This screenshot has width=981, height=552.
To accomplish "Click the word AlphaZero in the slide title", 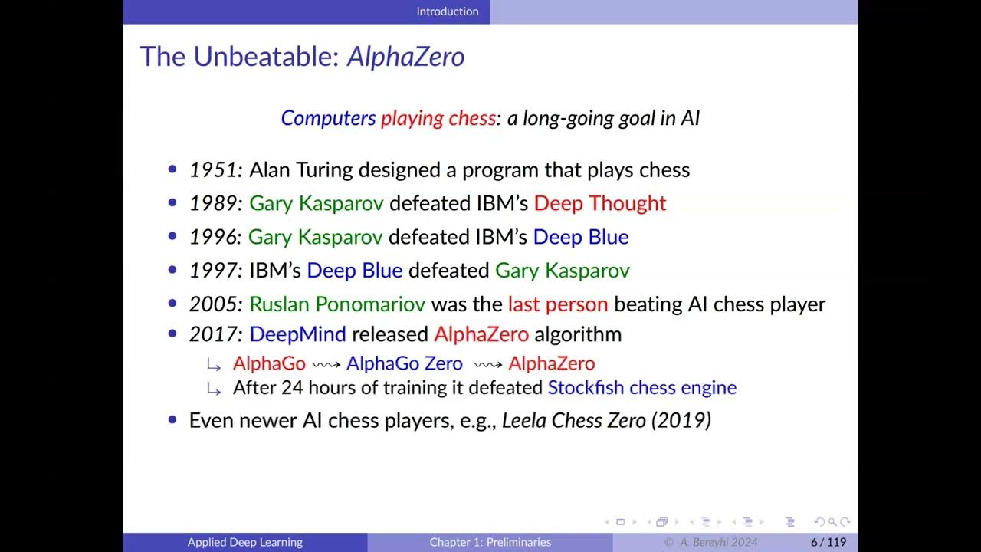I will pyautogui.click(x=405, y=57).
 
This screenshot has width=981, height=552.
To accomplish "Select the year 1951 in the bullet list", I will pyautogui.click(x=213, y=169).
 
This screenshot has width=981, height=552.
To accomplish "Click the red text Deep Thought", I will pyautogui.click(x=600, y=203).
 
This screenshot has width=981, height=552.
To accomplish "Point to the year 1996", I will pyautogui.click(x=213, y=237).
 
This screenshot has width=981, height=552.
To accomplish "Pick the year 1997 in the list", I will pyautogui.click(x=213, y=271).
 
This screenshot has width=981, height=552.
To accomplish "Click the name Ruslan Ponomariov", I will pyautogui.click(x=337, y=304).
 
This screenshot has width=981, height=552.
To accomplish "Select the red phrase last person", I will pyautogui.click(x=557, y=304).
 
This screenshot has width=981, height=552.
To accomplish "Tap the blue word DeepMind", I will pyautogui.click(x=297, y=334).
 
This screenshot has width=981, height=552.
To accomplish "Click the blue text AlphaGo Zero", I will pyautogui.click(x=405, y=363).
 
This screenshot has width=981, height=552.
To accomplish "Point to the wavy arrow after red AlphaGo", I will pyautogui.click(x=326, y=364).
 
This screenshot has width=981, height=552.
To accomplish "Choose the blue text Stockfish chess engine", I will pyautogui.click(x=641, y=388).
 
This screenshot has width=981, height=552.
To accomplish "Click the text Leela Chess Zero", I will pyautogui.click(x=574, y=421).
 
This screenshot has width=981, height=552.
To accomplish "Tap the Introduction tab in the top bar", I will pyautogui.click(x=448, y=11).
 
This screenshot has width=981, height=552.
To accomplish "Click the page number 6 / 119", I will pyautogui.click(x=828, y=543).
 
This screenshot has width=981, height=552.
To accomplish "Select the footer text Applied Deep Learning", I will pyautogui.click(x=245, y=543).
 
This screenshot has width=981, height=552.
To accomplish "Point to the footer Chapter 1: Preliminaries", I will pyautogui.click(x=490, y=543).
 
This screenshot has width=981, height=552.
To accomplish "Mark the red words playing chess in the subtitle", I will pyautogui.click(x=438, y=118).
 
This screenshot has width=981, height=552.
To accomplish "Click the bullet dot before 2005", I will pyautogui.click(x=172, y=304).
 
